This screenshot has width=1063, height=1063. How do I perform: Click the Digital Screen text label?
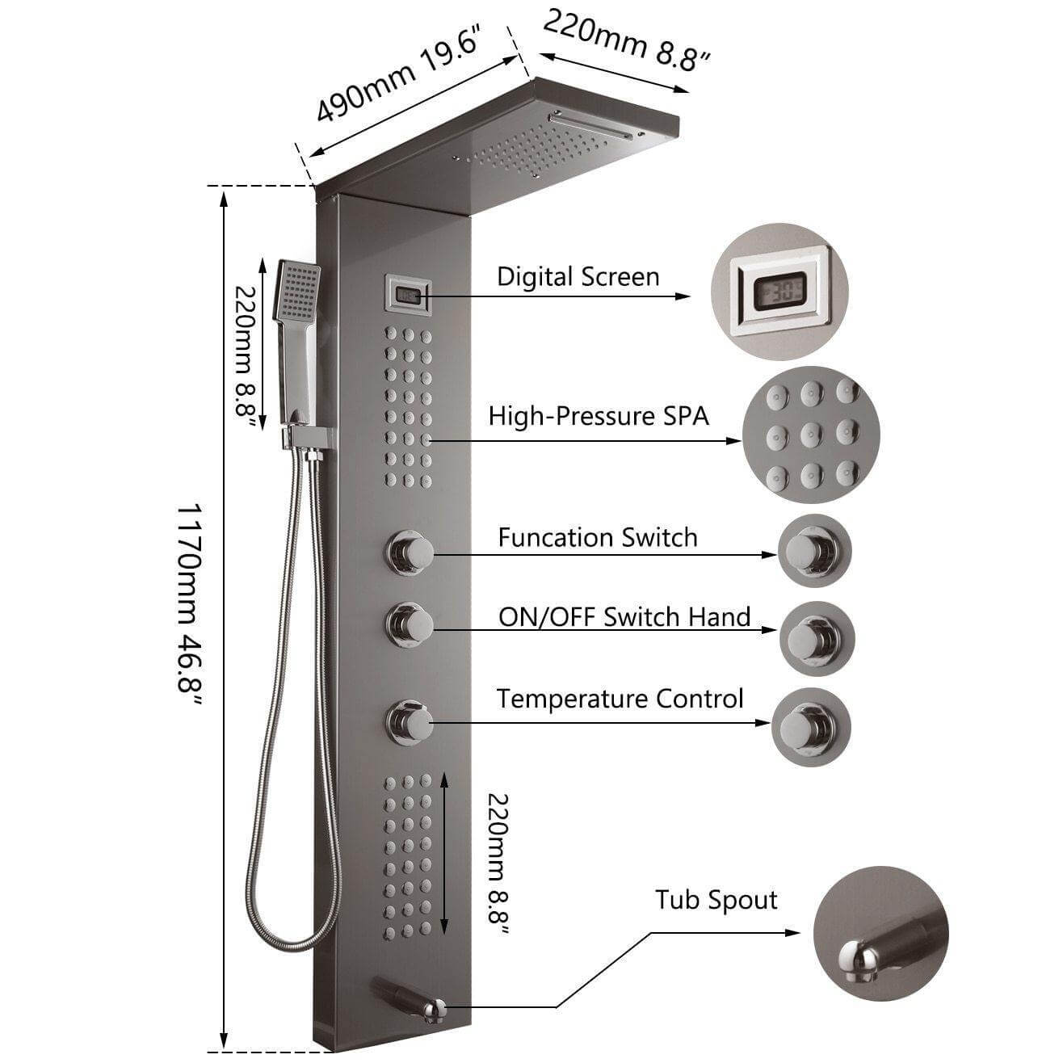578,277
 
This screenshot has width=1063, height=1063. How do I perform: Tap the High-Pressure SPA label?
599,417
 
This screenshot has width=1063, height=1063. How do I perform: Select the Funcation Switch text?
597,538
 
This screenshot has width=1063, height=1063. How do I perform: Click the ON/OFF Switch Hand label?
624,617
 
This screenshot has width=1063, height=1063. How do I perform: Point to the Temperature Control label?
620,699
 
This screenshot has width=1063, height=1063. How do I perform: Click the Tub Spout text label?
716,900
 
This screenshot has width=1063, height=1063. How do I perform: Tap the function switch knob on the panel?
410,552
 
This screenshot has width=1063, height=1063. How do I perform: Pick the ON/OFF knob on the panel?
410,623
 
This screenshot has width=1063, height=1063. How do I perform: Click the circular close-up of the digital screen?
779,292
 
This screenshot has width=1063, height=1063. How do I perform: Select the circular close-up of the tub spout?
880,934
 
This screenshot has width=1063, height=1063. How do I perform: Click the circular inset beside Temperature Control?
811,727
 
